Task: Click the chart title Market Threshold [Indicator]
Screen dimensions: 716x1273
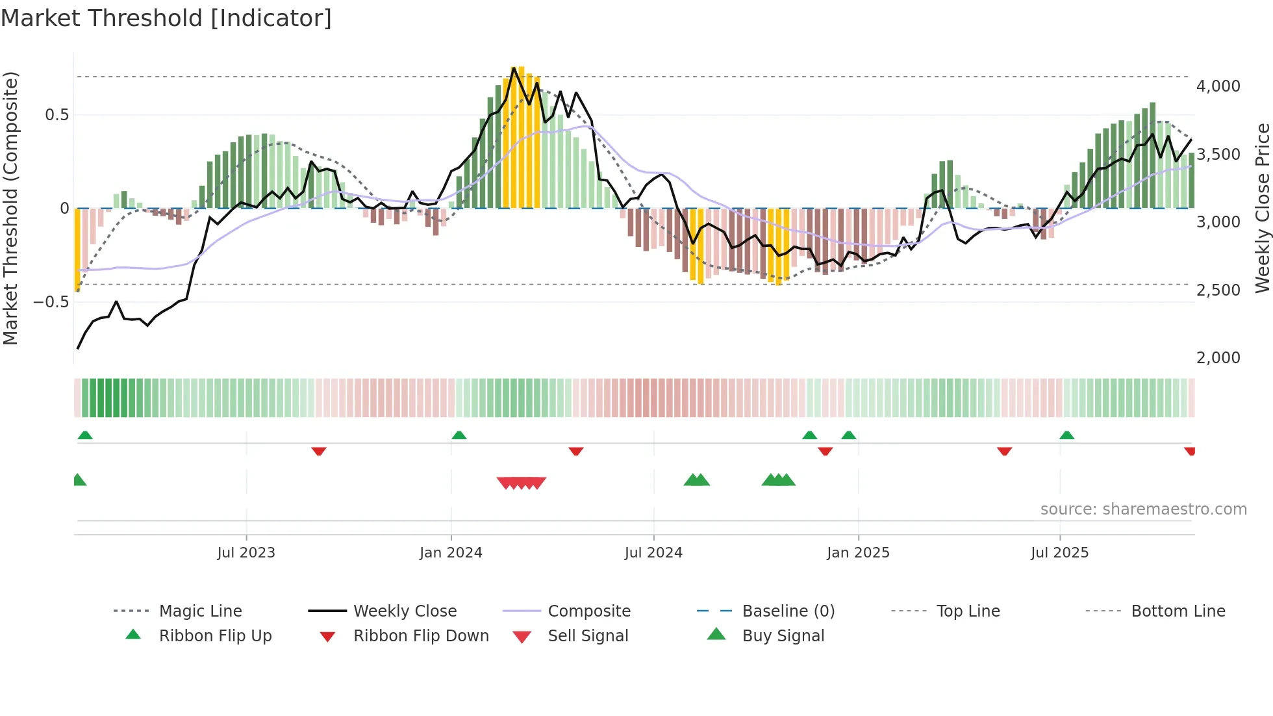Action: tap(166, 18)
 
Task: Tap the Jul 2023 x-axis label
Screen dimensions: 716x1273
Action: tap(246, 553)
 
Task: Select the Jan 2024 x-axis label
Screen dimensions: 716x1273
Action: tap(451, 553)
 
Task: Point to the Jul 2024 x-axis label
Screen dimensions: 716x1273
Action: tap(653, 553)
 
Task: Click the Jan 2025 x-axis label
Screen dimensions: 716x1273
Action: tap(858, 553)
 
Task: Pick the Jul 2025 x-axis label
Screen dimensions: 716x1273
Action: tap(1059, 553)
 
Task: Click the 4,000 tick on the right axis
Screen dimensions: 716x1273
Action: tap(1218, 86)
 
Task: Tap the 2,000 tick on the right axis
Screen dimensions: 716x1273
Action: tap(1218, 358)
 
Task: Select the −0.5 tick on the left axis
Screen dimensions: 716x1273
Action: tap(51, 302)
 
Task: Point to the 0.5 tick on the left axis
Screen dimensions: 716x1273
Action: tap(57, 115)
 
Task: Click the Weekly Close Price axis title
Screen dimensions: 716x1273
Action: tap(1262, 208)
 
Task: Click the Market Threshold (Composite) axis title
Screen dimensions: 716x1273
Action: tap(10, 208)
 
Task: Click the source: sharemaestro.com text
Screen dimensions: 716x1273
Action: tap(1143, 509)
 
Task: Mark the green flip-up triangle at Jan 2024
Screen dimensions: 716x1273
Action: tap(459, 435)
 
